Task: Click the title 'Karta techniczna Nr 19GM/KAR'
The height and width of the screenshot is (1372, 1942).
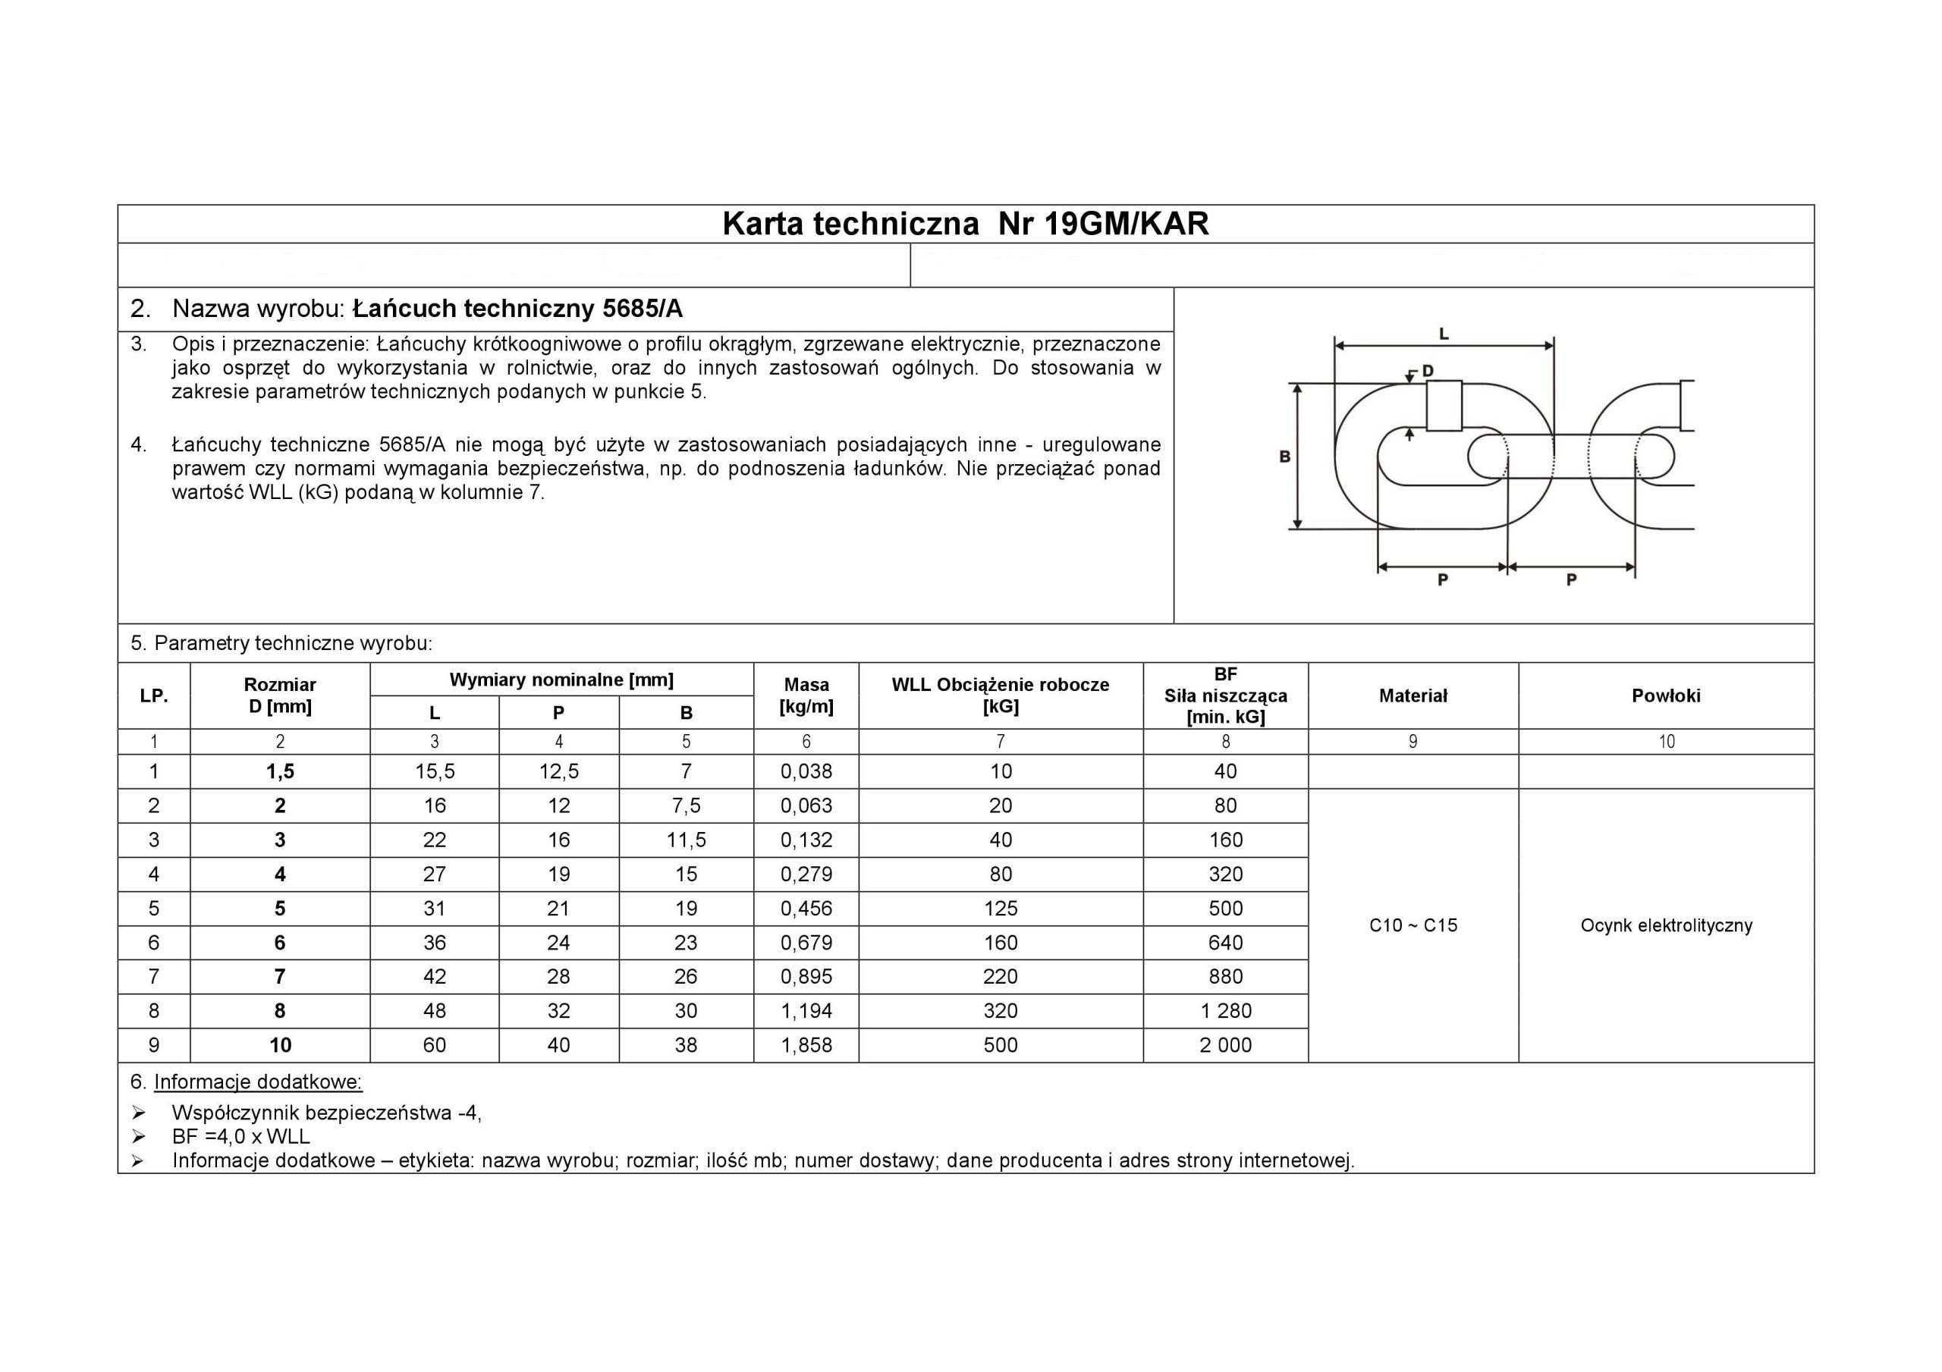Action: point(965,224)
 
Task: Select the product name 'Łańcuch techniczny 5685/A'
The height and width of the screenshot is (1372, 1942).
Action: point(517,309)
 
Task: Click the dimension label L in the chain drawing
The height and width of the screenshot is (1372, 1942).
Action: point(1444,334)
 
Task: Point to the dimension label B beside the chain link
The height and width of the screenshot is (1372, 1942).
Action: point(1284,457)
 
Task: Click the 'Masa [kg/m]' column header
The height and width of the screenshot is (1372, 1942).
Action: point(806,695)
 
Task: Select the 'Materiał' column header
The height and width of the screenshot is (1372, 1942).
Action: point(1413,695)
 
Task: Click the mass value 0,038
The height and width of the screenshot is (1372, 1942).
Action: point(806,771)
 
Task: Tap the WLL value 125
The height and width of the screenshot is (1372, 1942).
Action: point(1000,909)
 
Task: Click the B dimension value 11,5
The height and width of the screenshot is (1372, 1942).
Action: point(686,840)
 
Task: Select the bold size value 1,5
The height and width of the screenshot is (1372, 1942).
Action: point(280,771)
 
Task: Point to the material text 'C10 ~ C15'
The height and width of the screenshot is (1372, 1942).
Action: point(1413,925)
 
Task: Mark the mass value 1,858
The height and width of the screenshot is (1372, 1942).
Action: point(806,1045)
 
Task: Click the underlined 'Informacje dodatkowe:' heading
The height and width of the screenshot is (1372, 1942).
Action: point(258,1083)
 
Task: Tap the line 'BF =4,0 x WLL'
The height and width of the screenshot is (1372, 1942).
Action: point(241,1137)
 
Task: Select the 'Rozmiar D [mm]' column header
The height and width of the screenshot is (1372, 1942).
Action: point(280,695)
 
